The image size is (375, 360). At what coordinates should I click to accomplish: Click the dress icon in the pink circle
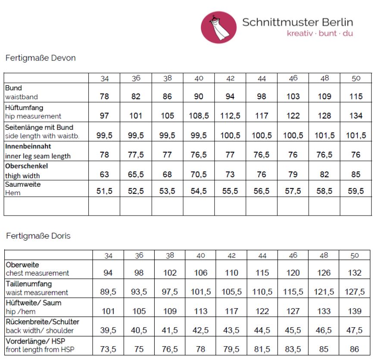219,27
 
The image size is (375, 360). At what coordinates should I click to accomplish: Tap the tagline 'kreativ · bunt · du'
320,33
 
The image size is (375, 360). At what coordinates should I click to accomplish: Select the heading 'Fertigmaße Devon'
40,58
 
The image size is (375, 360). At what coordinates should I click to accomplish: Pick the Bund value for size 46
293,97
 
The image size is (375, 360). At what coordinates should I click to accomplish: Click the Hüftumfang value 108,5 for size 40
199,116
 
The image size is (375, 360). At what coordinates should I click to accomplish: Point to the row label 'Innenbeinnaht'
28,146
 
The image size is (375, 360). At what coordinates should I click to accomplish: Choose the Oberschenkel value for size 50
356,175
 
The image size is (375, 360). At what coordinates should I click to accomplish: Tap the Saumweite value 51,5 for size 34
104,191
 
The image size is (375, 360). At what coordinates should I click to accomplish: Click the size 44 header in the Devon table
262,78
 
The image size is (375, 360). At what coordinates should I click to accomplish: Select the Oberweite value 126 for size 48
324,272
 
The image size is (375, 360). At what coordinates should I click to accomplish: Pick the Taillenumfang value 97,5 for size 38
168,292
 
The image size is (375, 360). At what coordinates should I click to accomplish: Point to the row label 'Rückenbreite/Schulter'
42,322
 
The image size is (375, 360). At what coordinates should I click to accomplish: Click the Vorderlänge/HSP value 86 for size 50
355,350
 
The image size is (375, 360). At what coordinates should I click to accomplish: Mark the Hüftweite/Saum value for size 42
231,311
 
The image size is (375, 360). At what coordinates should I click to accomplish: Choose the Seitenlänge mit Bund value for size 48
325,135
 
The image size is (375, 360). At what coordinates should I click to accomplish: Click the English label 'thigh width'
22,175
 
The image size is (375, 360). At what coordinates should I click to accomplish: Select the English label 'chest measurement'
37,273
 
